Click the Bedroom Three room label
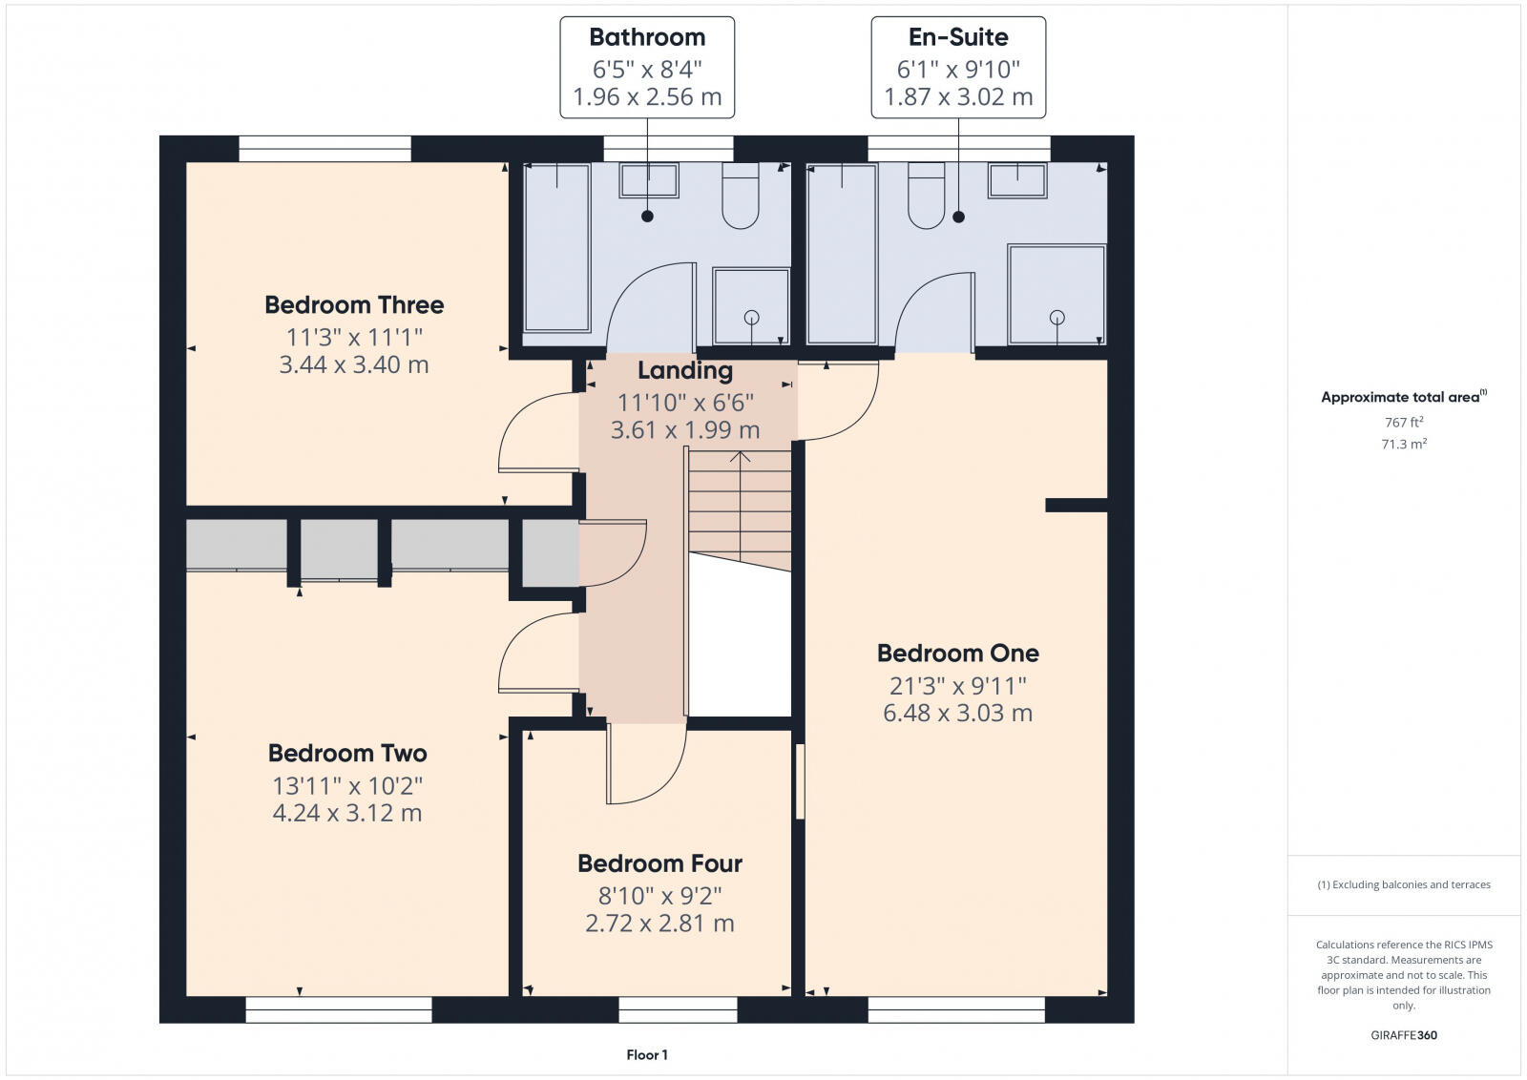(x=354, y=304)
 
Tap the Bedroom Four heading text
(x=659, y=863)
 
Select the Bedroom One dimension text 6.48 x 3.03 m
(x=958, y=713)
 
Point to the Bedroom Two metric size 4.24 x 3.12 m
(x=347, y=813)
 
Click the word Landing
(x=685, y=371)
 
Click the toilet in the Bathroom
(x=741, y=196)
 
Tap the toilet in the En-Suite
(x=927, y=196)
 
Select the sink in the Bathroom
(x=649, y=180)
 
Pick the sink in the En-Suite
(x=1017, y=180)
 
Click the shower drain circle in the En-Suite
(x=1057, y=317)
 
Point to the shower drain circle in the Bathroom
(x=752, y=317)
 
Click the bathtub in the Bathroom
(x=557, y=248)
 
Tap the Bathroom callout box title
(x=647, y=37)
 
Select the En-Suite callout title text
(x=958, y=37)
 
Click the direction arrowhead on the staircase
(x=741, y=456)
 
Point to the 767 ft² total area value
(x=1404, y=422)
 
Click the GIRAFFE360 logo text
(x=1404, y=1035)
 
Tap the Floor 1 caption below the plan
(x=647, y=1055)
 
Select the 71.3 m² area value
(x=1404, y=444)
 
